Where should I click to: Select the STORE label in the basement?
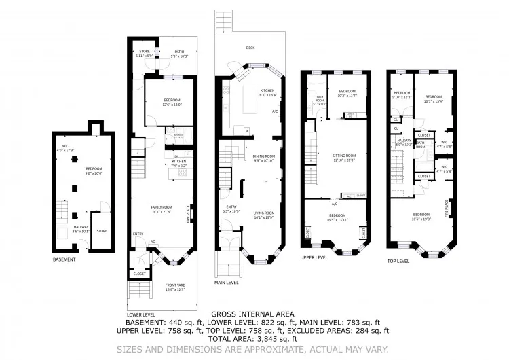(x=101, y=231)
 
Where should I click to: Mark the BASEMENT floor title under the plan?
(x=64, y=259)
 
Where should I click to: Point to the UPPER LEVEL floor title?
(x=314, y=257)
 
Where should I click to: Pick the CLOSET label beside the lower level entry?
(x=139, y=274)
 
